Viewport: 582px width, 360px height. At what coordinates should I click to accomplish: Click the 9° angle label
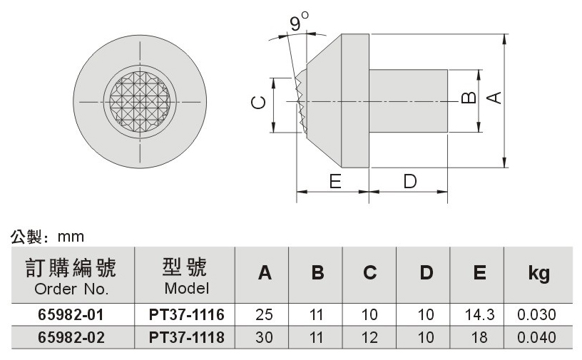click(299, 21)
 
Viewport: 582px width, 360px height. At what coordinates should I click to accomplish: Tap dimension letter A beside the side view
click(494, 98)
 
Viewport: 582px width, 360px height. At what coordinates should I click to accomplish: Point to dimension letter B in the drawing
click(469, 98)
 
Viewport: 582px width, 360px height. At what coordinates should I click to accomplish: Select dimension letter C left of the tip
click(258, 103)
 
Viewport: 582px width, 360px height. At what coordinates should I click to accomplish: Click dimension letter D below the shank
click(410, 182)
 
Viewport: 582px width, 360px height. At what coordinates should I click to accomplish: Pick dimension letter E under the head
click(335, 182)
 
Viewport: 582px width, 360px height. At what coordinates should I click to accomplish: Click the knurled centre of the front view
click(141, 101)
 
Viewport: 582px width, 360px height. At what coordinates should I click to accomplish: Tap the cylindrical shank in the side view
click(408, 101)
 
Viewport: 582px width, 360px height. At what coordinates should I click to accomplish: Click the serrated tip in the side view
click(302, 102)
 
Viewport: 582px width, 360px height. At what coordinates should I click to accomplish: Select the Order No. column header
click(71, 289)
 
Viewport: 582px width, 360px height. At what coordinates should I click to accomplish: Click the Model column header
click(187, 289)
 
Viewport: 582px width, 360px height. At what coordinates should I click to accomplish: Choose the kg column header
click(539, 274)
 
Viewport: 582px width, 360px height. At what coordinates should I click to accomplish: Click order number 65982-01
click(71, 314)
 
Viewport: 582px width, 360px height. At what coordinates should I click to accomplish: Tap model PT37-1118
click(187, 337)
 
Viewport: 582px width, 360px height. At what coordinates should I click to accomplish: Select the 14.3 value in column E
click(479, 314)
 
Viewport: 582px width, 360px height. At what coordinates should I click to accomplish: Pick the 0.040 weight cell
click(537, 337)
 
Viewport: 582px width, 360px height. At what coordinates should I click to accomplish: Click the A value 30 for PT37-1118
click(264, 337)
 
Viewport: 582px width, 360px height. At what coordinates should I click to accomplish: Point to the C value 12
click(369, 337)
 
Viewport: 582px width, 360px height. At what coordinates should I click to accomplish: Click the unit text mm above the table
click(71, 237)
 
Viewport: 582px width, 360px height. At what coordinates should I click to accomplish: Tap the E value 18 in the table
click(479, 337)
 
